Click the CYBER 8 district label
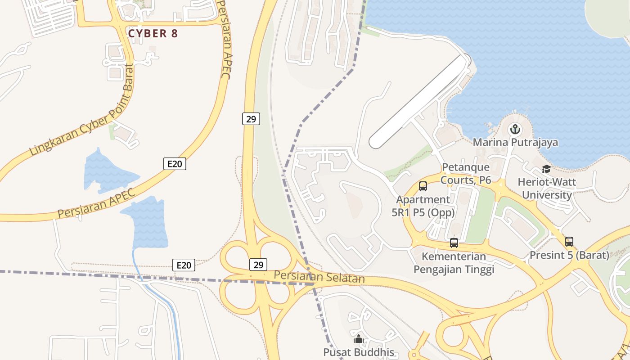[x=153, y=33]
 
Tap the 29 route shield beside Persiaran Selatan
[x=258, y=265]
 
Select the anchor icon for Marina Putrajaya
[x=515, y=130]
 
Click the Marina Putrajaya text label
[x=515, y=143]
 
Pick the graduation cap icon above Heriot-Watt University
[x=546, y=169]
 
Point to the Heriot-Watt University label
[x=547, y=189]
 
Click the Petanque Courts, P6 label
[x=466, y=174]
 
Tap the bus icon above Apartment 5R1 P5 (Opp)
[x=423, y=186]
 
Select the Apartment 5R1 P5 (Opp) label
[x=423, y=206]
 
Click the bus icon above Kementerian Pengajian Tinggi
[x=454, y=243]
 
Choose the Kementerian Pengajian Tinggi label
[x=454, y=263]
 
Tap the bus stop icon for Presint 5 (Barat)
[x=569, y=242]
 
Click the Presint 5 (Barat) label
[x=569, y=255]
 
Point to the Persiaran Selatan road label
[x=319, y=277]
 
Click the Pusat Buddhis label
[x=359, y=352]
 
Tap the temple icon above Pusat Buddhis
[x=359, y=339]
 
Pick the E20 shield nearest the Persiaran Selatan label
[x=184, y=265]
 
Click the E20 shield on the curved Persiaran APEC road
[x=175, y=164]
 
